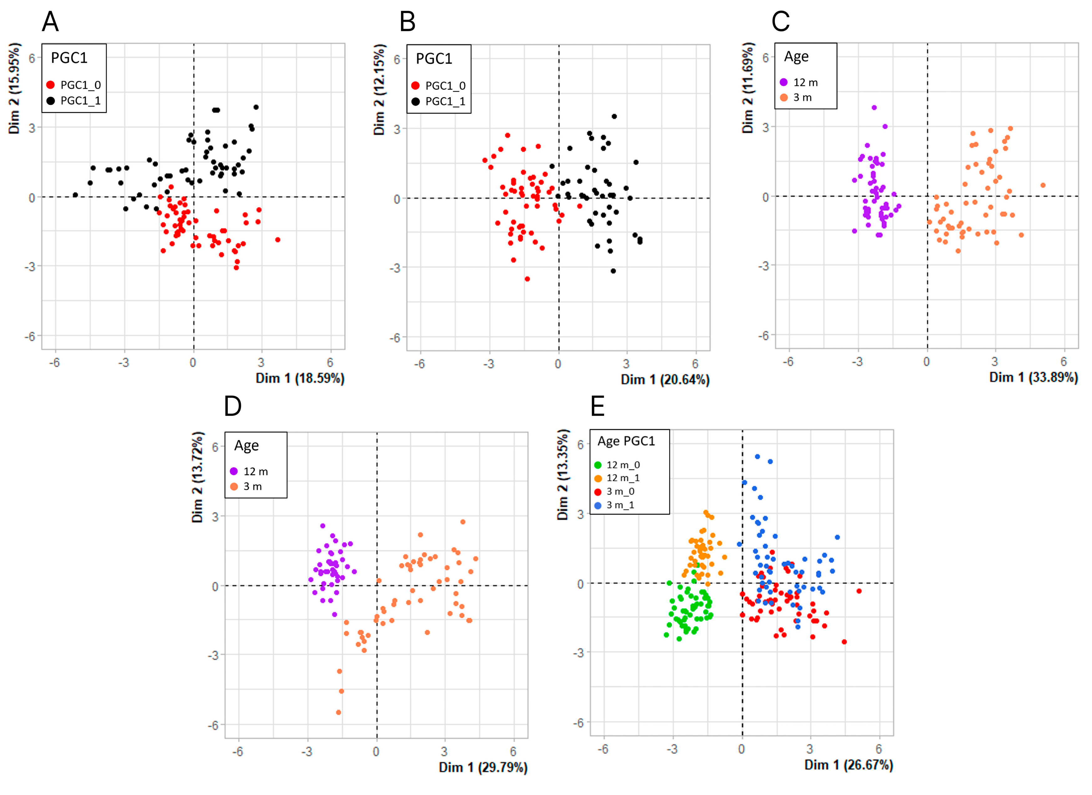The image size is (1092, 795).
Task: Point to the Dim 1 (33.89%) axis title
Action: click(x=1033, y=377)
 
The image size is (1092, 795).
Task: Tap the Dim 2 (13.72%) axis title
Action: click(x=197, y=477)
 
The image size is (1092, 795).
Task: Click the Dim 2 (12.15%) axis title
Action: click(x=379, y=89)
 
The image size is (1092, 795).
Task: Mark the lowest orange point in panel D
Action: click(x=338, y=712)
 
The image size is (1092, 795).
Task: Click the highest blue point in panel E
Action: click(x=757, y=456)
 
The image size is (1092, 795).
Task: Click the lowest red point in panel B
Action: click(x=527, y=279)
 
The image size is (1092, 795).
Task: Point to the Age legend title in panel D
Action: click(x=246, y=446)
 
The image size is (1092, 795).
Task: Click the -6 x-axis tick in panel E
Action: click(x=603, y=749)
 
